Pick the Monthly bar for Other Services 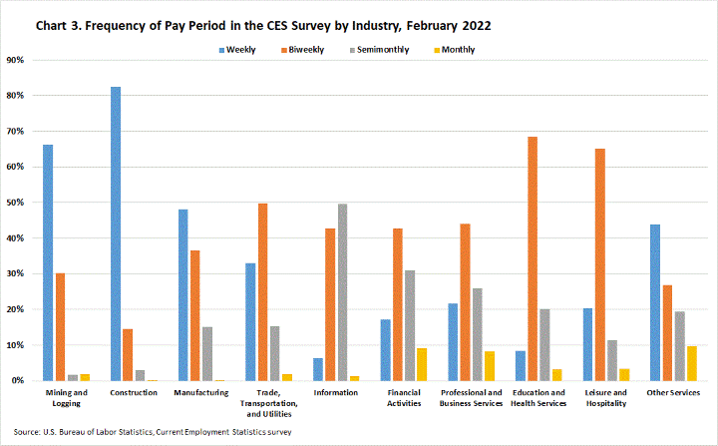692,363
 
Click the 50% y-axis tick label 16,203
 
